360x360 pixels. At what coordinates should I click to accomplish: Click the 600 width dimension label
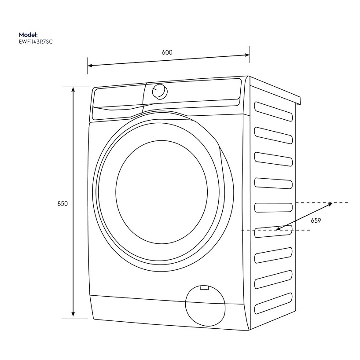tap(167, 52)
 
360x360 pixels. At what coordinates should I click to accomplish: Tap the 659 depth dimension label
tap(316, 221)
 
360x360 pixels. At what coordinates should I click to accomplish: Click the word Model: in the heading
tap(28, 34)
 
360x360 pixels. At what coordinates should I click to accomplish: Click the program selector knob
tap(159, 91)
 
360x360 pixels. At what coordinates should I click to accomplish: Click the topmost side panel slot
tap(273, 111)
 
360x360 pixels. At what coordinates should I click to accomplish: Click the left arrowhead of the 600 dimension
tap(89, 66)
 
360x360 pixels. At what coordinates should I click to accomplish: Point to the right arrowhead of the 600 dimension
tap(248, 55)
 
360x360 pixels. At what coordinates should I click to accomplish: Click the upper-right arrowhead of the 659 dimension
tap(330, 204)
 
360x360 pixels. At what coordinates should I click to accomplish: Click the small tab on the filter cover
tap(203, 288)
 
